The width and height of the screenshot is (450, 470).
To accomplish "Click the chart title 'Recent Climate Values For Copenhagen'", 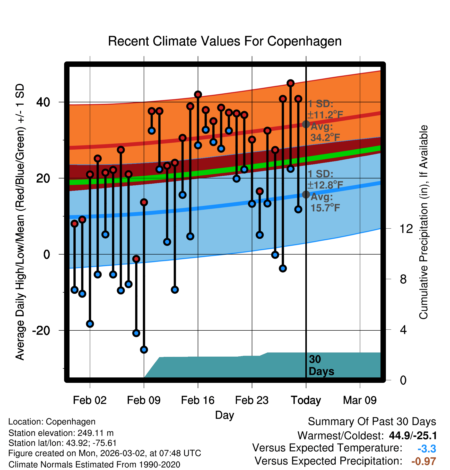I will point(225,41).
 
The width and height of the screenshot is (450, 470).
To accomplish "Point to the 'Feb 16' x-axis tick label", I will point(198,400).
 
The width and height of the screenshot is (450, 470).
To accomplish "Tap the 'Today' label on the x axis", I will point(306,400).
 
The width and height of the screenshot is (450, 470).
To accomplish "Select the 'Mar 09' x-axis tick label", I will point(360,400).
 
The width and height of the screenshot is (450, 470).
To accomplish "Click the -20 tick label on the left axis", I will point(41,330).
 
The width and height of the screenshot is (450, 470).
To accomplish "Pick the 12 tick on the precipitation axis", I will point(406,229).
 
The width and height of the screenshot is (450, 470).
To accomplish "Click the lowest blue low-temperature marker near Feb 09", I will point(144,349).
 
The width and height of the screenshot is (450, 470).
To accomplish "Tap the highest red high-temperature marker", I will point(290,83).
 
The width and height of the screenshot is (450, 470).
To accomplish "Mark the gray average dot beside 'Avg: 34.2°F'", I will point(306,124).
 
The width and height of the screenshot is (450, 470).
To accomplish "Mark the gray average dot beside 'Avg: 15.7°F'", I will point(306,194).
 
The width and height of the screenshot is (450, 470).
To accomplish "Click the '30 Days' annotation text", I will point(321,365).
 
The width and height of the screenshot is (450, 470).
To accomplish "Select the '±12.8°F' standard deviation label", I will point(325,185).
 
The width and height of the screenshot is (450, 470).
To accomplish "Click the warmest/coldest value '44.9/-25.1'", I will point(413,436).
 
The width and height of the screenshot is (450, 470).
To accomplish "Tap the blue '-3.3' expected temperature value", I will point(427,449).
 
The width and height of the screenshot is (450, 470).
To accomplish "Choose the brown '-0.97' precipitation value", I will point(423,461).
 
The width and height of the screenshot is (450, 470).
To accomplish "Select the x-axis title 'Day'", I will point(224,415).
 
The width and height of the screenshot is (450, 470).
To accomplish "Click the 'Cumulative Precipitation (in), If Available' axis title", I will point(423,222).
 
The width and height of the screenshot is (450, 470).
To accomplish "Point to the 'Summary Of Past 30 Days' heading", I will point(372,422).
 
